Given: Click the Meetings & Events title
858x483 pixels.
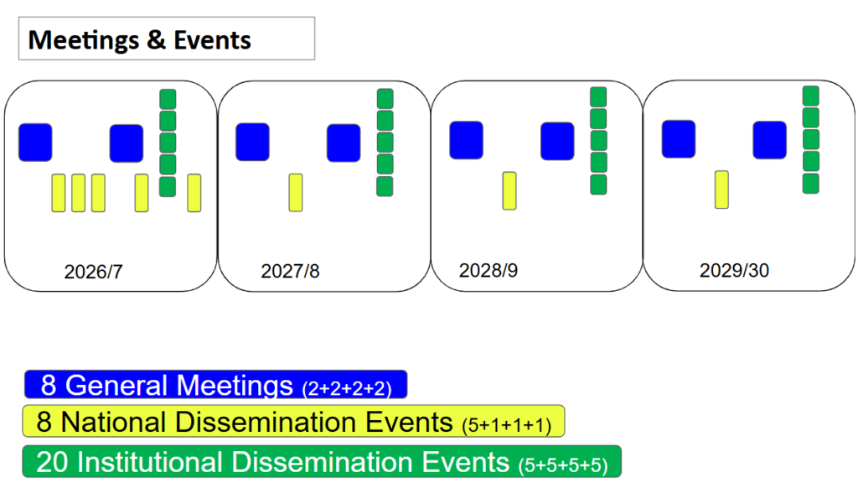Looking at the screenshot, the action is point(140,40).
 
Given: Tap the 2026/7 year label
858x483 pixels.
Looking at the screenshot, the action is point(94,272).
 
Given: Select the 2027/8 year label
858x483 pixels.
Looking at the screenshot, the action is point(290,271).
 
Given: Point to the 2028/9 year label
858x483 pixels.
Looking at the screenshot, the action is point(488,271).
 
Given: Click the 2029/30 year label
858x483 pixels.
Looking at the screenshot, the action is point(734,270).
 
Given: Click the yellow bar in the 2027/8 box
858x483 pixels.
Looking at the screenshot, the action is point(296,192).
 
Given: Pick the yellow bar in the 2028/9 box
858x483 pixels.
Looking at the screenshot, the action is point(509,190).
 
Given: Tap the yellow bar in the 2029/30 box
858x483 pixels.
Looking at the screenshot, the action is point(721,190).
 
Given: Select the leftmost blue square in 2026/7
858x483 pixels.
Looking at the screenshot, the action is point(35,143).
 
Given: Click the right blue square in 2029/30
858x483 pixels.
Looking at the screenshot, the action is point(770,140).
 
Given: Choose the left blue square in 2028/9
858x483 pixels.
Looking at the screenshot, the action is point(466,140).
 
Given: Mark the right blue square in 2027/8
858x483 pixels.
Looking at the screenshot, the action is point(344,143).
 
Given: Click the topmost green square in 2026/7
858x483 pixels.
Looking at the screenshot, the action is point(168,99).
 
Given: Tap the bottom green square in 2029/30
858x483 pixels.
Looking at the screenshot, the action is point(811,184).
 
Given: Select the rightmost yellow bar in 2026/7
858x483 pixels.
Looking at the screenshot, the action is point(194,193).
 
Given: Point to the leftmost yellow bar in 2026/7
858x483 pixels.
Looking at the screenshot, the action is point(59,193).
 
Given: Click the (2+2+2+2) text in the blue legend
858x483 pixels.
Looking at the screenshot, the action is point(347,388).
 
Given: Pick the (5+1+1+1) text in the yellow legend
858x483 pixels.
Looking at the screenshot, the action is point(507,425).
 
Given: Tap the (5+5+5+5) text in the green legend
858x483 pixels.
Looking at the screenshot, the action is point(563,465).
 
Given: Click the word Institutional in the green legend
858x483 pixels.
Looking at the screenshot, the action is point(149,462).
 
